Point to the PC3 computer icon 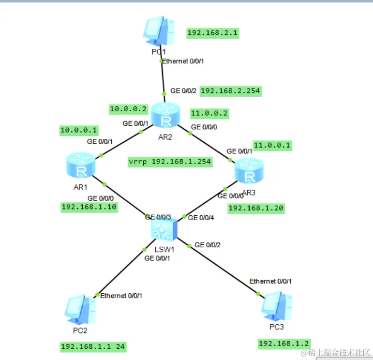[x=276, y=307]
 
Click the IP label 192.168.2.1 [x=213, y=33]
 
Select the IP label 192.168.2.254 [x=230, y=91]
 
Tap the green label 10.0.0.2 [x=128, y=110]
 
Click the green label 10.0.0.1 [x=78, y=130]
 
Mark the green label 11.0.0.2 [x=209, y=114]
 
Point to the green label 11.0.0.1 [x=273, y=145]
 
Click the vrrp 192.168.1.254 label [x=170, y=162]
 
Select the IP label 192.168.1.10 [x=89, y=207]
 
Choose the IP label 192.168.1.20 [x=256, y=209]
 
